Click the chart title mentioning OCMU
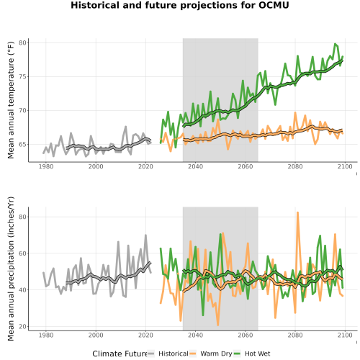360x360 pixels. pyautogui.click(x=180, y=5)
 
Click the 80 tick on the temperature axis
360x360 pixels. pyautogui.click(x=22, y=43)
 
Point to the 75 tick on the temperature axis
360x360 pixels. pyautogui.click(x=22, y=77)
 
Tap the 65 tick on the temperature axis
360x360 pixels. pyautogui.click(x=22, y=145)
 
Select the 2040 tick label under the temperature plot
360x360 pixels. pyautogui.click(x=195, y=166)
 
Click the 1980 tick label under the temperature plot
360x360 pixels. pyautogui.click(x=46, y=166)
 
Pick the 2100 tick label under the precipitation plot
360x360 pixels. pyautogui.click(x=345, y=335)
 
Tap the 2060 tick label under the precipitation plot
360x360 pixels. pyautogui.click(x=246, y=335)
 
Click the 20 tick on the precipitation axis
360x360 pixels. pyautogui.click(x=22, y=327)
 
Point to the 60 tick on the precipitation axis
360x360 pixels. pyautogui.click(x=22, y=253)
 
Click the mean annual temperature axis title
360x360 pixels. pyautogui.click(x=11, y=100)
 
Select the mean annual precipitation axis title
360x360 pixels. pyautogui.click(x=11, y=269)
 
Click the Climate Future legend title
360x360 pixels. pyautogui.click(x=120, y=354)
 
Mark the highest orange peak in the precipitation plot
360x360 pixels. pyautogui.click(x=297, y=212)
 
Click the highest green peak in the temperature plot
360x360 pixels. pyautogui.click(x=335, y=44)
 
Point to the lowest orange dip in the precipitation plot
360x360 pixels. pyautogui.click(x=218, y=325)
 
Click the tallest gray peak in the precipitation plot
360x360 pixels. pyautogui.click(x=145, y=235)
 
